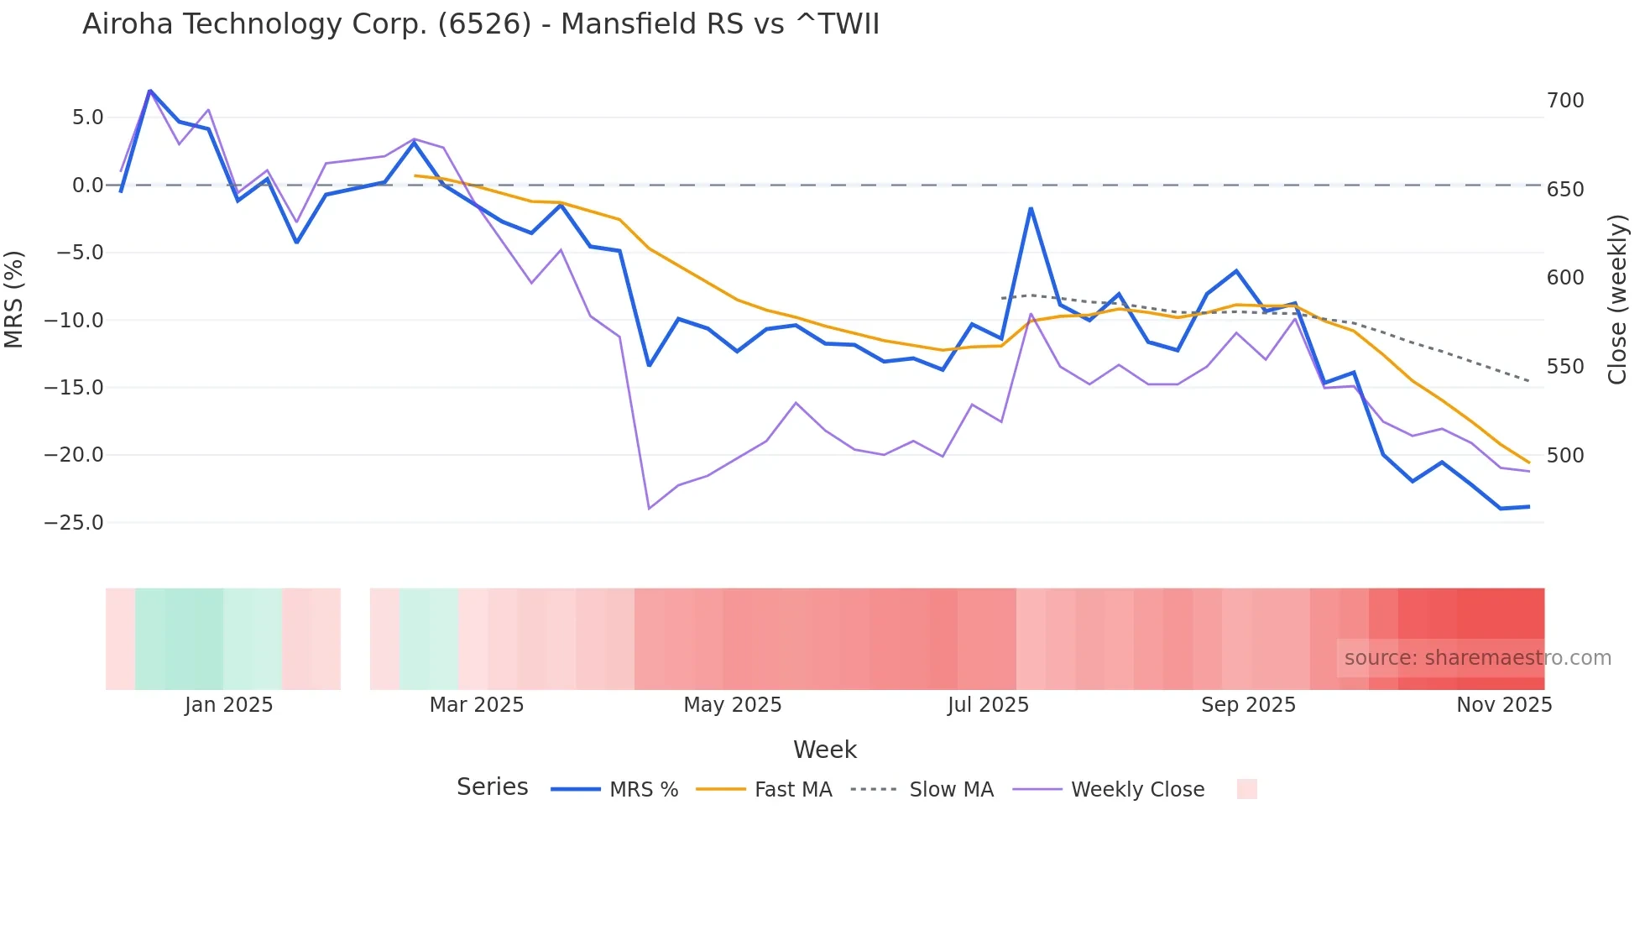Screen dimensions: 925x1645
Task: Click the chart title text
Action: (x=480, y=24)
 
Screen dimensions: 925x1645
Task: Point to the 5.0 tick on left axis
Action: (x=87, y=118)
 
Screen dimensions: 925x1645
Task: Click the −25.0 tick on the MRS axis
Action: (x=74, y=523)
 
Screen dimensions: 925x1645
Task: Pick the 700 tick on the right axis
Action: (x=1565, y=101)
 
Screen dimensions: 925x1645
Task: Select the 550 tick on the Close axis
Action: (x=1565, y=367)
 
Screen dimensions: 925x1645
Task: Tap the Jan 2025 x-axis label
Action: (x=228, y=705)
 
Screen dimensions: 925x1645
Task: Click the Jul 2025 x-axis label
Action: (x=988, y=705)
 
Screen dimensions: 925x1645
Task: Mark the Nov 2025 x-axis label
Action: (x=1503, y=705)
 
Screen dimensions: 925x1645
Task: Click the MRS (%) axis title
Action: (x=14, y=299)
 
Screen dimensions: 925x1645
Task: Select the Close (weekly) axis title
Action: (x=1617, y=300)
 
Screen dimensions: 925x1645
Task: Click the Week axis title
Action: (x=824, y=750)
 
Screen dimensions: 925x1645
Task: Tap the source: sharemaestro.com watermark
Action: (x=1477, y=658)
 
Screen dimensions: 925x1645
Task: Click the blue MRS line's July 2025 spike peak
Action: (x=1031, y=208)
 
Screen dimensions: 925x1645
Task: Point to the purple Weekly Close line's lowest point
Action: (x=649, y=509)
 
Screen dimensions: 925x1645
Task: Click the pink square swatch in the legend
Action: (x=1246, y=789)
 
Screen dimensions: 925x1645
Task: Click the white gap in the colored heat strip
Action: (x=355, y=639)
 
